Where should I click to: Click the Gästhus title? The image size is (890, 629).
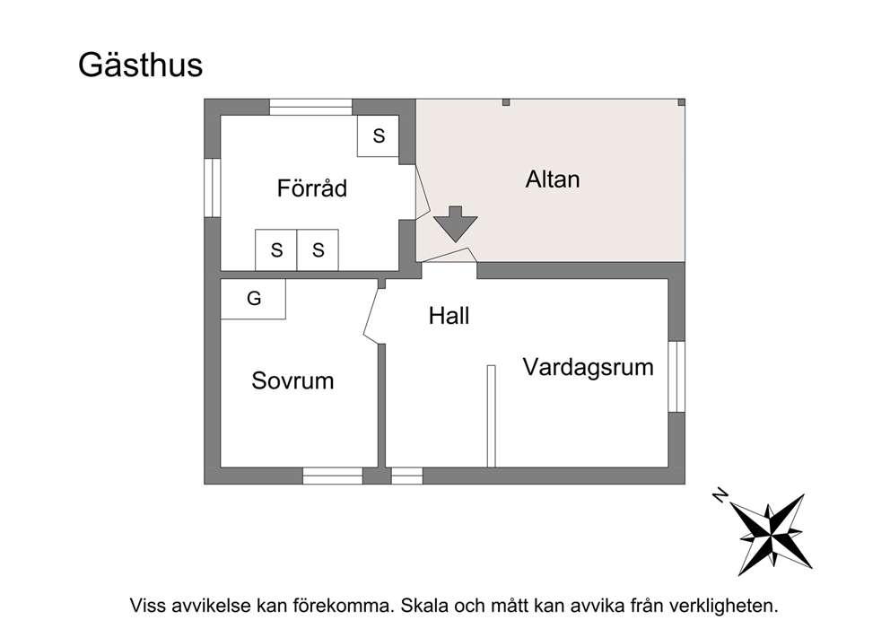[x=140, y=66]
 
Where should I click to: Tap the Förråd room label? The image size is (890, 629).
[x=311, y=188]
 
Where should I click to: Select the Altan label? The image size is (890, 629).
[x=553, y=179]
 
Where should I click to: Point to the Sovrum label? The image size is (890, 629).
[x=292, y=380]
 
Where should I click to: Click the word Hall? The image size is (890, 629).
[x=449, y=316]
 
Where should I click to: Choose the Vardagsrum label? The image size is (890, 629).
[x=588, y=367]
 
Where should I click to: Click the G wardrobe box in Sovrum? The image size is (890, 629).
[x=253, y=299]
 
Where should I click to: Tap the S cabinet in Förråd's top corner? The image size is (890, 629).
[x=378, y=135]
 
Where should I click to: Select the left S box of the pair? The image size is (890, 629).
[x=275, y=249]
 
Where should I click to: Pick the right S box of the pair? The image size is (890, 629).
[x=318, y=249]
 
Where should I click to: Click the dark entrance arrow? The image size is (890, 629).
[x=455, y=224]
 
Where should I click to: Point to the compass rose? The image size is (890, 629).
[x=771, y=534]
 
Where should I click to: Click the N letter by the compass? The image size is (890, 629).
[x=720, y=495]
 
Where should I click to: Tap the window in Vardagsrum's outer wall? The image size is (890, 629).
[x=676, y=376]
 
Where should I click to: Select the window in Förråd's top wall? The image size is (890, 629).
[x=310, y=108]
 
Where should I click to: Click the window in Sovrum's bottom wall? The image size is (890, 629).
[x=333, y=476]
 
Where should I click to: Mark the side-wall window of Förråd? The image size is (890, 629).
[x=213, y=188]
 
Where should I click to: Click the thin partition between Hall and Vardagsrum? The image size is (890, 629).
[x=491, y=416]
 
